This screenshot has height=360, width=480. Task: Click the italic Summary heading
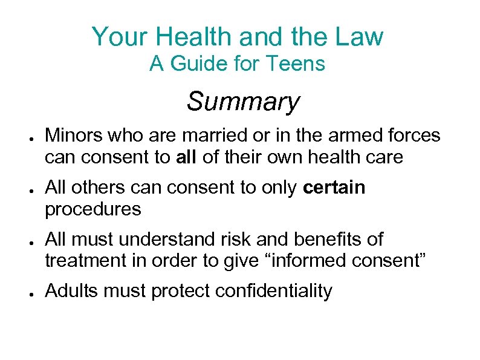[242, 101]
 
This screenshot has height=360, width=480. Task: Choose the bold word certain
[334, 188]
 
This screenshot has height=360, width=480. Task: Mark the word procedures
[92, 209]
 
